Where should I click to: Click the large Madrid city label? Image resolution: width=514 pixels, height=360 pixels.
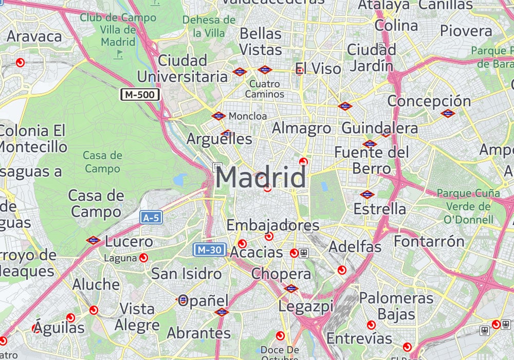point(261,178)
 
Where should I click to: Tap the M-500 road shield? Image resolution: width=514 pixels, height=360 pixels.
point(140,94)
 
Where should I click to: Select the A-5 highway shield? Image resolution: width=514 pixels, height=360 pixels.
point(151,218)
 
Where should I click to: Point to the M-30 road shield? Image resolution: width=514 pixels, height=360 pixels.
point(210,250)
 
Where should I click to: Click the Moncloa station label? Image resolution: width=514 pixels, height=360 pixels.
point(248,116)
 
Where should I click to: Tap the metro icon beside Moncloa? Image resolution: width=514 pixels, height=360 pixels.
point(219,116)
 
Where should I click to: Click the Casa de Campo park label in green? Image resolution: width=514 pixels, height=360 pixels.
point(103,161)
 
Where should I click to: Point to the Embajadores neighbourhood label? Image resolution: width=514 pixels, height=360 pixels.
point(273,225)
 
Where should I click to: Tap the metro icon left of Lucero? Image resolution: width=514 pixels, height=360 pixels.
point(93,240)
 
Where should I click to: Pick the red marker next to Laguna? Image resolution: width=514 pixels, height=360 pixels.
point(143,258)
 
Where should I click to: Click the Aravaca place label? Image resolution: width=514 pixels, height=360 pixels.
point(34,37)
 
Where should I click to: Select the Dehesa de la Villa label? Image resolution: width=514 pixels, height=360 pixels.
point(209,26)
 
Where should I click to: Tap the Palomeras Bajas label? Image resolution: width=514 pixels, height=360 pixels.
point(396,305)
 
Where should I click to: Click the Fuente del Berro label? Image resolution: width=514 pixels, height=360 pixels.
point(372,160)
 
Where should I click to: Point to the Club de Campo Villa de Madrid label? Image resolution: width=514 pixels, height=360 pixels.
point(118,30)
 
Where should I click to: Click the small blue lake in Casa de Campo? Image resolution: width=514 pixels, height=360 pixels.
point(180,179)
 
